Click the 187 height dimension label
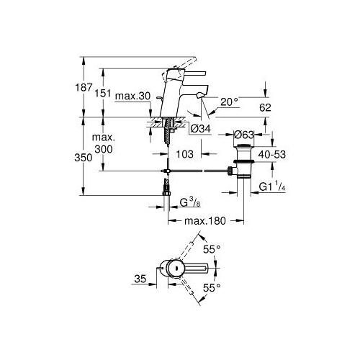pyautogui.click(x=84, y=87)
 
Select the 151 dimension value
pyautogui.click(x=103, y=93)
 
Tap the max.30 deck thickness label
pyautogui.click(x=132, y=96)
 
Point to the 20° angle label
pyautogui.click(x=230, y=102)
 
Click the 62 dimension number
pyautogui.click(x=265, y=107)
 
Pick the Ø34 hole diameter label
pyautogui.click(x=201, y=129)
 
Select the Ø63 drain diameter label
pyautogui.click(x=243, y=135)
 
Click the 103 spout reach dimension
pyautogui.click(x=185, y=154)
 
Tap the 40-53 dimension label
pyautogui.click(x=272, y=154)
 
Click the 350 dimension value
pyautogui.click(x=84, y=158)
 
